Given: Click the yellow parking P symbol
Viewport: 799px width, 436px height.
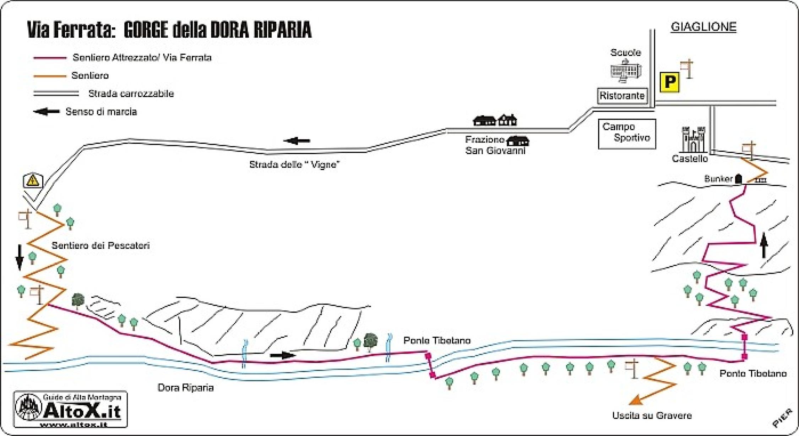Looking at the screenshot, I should pyautogui.click(x=669, y=82).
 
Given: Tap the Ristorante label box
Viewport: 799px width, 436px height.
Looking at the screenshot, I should pyautogui.click(x=622, y=96).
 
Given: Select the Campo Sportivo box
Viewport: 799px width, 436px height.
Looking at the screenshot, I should pyautogui.click(x=627, y=133).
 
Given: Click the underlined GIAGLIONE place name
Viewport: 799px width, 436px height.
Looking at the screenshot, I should pyautogui.click(x=703, y=27).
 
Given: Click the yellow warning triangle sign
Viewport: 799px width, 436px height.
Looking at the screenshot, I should pyautogui.click(x=33, y=181).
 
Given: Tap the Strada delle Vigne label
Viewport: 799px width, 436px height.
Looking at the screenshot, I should pyautogui.click(x=294, y=165).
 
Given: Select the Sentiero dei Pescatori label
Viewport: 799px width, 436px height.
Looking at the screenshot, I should pyautogui.click(x=100, y=246).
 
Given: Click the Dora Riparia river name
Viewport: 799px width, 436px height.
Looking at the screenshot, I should pyautogui.click(x=185, y=388).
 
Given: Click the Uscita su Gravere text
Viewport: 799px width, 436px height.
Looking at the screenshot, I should pyautogui.click(x=652, y=416).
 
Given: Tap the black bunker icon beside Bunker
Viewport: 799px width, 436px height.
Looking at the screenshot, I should pyautogui.click(x=739, y=179).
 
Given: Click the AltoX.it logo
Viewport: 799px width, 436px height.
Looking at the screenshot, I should pyautogui.click(x=70, y=410).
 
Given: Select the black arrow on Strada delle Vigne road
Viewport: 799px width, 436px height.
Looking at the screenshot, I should pyautogui.click(x=297, y=141).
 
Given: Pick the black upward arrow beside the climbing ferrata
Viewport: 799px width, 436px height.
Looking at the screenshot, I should pyautogui.click(x=764, y=245).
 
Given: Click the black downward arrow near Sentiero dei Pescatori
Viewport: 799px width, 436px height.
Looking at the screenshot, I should pyautogui.click(x=20, y=257).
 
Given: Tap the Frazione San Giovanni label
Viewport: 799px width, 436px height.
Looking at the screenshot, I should pyautogui.click(x=495, y=146).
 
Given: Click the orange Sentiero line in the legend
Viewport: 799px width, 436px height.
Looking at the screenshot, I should pyautogui.click(x=50, y=76).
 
